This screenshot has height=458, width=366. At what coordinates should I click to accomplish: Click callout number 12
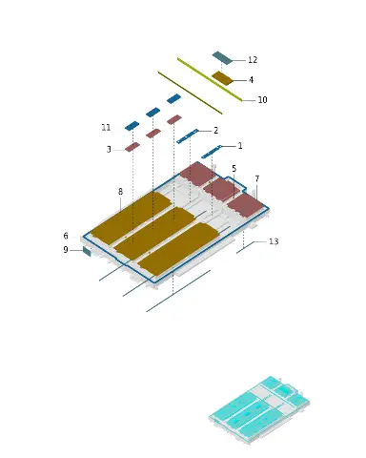coord(253,60)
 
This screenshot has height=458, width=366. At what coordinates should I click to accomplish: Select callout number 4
coord(251,80)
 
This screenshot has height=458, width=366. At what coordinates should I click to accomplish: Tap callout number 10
coord(262,100)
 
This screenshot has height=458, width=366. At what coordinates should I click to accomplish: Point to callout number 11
coord(106,128)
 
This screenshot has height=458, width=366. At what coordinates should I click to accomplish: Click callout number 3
coord(109,149)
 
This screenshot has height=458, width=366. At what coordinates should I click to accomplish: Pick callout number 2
coord(216,131)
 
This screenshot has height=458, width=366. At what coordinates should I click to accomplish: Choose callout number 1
coord(240,146)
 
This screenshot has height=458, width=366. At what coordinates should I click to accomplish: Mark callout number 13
coord(274,241)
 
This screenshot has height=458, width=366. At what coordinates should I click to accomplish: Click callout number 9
coord(66,250)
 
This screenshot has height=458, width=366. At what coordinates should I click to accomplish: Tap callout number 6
coord(66,236)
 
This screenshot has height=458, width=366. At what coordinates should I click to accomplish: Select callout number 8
coord(120,192)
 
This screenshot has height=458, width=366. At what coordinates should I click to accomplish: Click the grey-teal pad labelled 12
coord(222,58)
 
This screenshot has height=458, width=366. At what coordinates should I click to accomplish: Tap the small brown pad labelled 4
coord(222,78)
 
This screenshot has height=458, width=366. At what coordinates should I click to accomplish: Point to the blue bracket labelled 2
coord(188,136)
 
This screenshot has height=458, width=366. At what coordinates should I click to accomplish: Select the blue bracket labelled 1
coord(212,152)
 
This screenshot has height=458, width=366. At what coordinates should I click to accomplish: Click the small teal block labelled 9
coord(87,251)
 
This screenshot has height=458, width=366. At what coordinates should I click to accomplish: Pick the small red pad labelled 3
coord(132,147)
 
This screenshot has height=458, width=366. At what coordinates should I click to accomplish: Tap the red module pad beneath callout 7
coord(246,205)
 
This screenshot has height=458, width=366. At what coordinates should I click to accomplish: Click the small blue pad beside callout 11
coord(132,126)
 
